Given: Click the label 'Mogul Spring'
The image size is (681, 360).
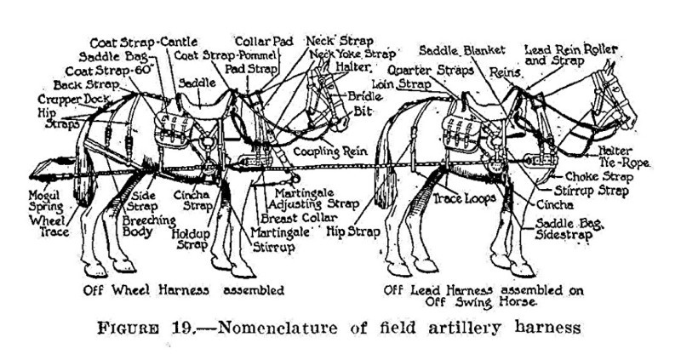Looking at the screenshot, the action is [x=46, y=201].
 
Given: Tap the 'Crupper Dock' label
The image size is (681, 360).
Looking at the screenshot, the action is [x=72, y=100].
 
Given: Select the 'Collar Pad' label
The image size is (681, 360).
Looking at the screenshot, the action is [x=265, y=42].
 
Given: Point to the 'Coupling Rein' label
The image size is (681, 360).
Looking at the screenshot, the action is [x=330, y=151].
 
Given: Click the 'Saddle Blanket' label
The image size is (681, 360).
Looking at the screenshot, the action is [x=462, y=50].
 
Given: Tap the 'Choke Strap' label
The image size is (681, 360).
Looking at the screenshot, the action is [x=599, y=177].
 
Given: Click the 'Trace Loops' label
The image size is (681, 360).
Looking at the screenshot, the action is [x=464, y=199].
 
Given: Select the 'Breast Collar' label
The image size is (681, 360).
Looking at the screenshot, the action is [x=299, y=218].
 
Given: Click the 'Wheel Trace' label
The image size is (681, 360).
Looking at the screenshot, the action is [x=49, y=226].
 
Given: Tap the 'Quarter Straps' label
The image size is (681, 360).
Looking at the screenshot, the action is [x=431, y=71].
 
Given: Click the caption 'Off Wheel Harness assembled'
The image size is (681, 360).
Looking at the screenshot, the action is [x=184, y=289].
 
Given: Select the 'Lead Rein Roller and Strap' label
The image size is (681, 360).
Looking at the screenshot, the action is [x=571, y=54].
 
